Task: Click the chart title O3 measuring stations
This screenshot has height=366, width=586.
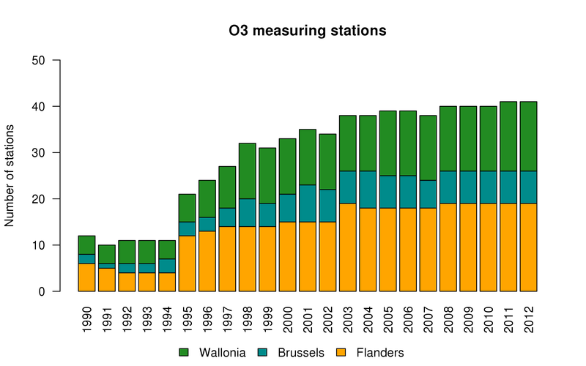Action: [x=307, y=31]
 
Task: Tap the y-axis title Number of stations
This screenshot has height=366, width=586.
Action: [x=10, y=176]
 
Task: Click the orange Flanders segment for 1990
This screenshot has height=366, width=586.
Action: [x=88, y=277]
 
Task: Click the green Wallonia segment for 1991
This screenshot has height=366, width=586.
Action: [x=108, y=254]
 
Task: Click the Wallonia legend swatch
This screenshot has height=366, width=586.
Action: [x=184, y=353]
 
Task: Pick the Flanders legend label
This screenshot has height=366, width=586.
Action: [x=380, y=353]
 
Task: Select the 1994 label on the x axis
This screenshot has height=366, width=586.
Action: [x=168, y=313]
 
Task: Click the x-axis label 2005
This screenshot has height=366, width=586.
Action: [x=389, y=313]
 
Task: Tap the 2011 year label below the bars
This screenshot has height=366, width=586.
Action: [x=508, y=313]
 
